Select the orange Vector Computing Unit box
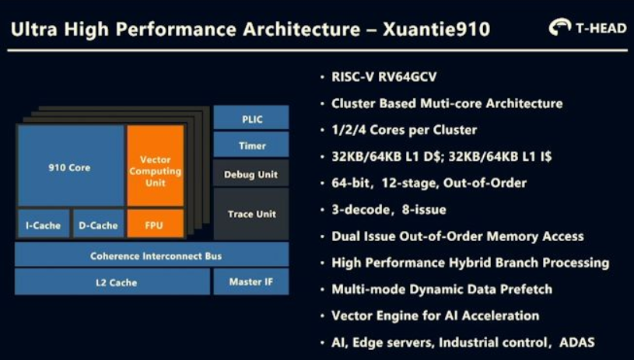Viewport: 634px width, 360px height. pyautogui.click(x=156, y=166)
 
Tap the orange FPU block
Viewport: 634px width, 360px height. pyautogui.click(x=156, y=223)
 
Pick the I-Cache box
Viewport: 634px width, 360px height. pyautogui.click(x=44, y=223)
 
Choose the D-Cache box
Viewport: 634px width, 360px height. pyautogui.click(x=98, y=223)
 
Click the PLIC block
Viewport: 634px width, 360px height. pyautogui.click(x=251, y=117)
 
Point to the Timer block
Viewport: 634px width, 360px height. pyautogui.click(x=251, y=145)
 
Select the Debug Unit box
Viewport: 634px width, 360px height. pyautogui.click(x=251, y=173)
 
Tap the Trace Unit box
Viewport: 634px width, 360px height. pyautogui.click(x=251, y=214)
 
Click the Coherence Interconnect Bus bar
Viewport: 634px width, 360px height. pyautogui.click(x=152, y=254)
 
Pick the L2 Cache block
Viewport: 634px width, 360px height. pyautogui.click(x=112, y=281)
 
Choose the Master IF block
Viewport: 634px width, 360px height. pyautogui.click(x=251, y=281)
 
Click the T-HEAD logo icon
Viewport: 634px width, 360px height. pyautogui.click(x=559, y=26)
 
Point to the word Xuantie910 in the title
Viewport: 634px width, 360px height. pyautogui.click(x=436, y=29)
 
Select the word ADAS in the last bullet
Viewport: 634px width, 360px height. pyautogui.click(x=577, y=343)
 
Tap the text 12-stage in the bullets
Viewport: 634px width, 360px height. pyautogui.click(x=409, y=183)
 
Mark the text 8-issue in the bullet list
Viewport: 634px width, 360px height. pyautogui.click(x=424, y=210)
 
